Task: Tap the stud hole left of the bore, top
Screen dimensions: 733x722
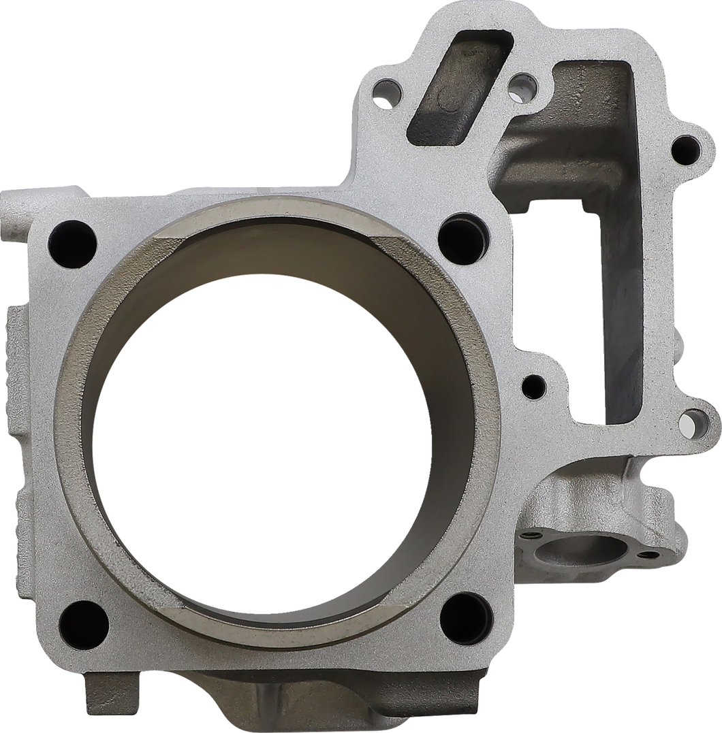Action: click(72, 236)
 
